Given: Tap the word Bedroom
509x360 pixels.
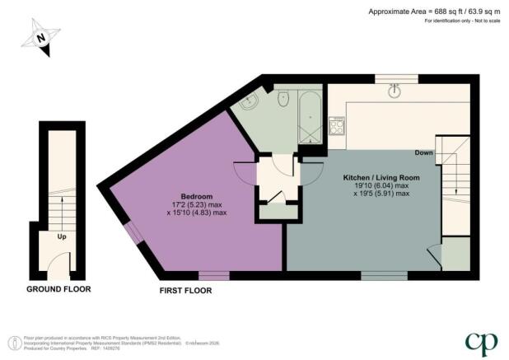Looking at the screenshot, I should (x=197, y=195).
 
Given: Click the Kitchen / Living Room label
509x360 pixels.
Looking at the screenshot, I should (x=376, y=176).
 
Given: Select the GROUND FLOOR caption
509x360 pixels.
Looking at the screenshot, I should (x=58, y=289).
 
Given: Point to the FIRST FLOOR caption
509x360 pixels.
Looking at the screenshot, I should (x=185, y=290).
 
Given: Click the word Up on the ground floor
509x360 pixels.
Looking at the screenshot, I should (x=60, y=236).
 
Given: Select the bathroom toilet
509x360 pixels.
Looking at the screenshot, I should (x=284, y=100).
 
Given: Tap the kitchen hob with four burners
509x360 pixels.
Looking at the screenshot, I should (x=336, y=126).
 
